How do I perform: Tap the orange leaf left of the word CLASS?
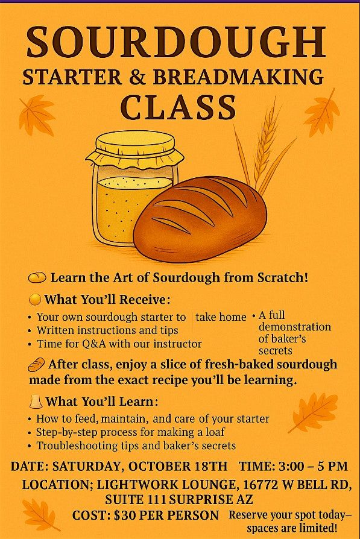pyautogui.click(x=37, y=115)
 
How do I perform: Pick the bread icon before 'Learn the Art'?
pyautogui.click(x=37, y=278)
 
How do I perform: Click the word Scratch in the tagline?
pyautogui.click(x=284, y=278)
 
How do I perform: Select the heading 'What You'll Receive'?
pyautogui.click(x=107, y=300)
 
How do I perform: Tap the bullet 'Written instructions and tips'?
pyautogui.click(x=107, y=330)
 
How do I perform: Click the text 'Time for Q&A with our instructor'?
pyautogui.click(x=119, y=344)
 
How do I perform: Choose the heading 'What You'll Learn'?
pyautogui.click(x=102, y=401)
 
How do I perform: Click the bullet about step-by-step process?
pyautogui.click(x=130, y=432)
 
